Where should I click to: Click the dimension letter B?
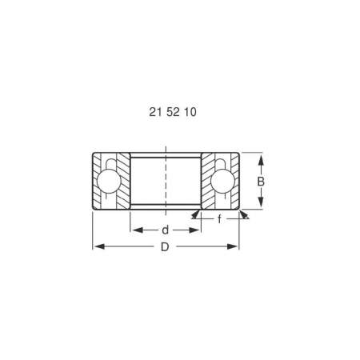(x=262, y=182)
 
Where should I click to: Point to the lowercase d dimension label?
(x=165, y=230)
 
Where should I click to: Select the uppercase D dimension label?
(x=165, y=247)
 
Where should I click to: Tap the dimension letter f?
(x=220, y=218)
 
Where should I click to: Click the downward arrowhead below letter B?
(x=262, y=206)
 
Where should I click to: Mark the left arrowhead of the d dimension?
(x=136, y=230)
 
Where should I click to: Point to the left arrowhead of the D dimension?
(x=97, y=247)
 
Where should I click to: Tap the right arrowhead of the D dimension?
(x=236, y=247)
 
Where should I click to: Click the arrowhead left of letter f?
(x=196, y=214)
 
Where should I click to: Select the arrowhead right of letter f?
(x=244, y=214)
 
